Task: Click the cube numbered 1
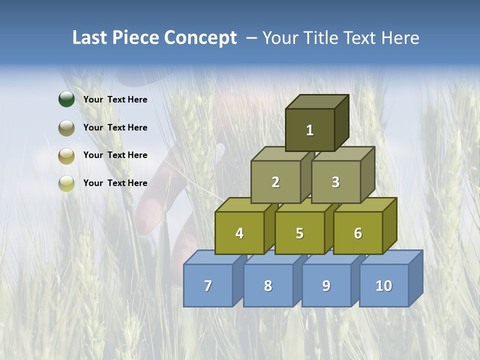coord(310,130)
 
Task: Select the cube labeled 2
coord(275,182)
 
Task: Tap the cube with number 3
coord(335,182)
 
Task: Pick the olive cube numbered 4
coord(239,233)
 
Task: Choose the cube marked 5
coord(299,233)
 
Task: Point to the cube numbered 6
coord(358,233)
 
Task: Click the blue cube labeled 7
coord(208,285)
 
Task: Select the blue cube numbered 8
coord(268,285)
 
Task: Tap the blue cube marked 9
coord(326,285)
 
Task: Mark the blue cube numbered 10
coord(384,285)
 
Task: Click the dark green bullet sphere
coord(66,99)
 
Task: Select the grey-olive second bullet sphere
coord(66,127)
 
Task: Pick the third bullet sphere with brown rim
coord(66,155)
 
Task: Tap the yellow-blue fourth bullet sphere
coord(66,183)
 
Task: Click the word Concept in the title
coord(200,38)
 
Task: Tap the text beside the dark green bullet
coord(115,99)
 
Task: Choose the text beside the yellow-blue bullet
coord(115,183)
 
